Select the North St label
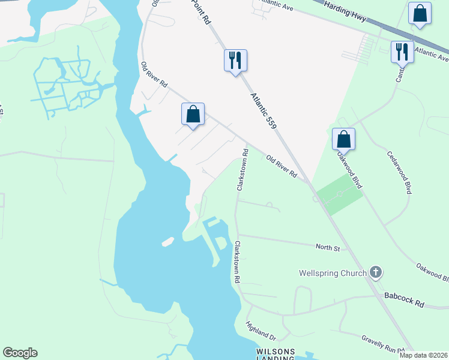tap(328, 247)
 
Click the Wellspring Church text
tap(333, 274)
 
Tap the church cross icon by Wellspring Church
tap(376, 273)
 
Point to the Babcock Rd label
tap(405, 300)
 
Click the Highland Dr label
tap(261, 331)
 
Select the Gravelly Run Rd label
tap(384, 346)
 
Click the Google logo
tap(20, 353)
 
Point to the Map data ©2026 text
tap(423, 355)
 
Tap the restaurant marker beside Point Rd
tap(235, 61)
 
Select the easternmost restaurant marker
tap(402, 52)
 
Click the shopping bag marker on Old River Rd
tap(193, 114)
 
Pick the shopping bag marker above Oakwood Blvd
tap(343, 139)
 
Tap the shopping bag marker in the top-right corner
tap(420, 14)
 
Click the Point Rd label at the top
tap(201, 12)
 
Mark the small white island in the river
tap(167, 242)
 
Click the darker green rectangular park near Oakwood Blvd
tap(340, 193)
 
